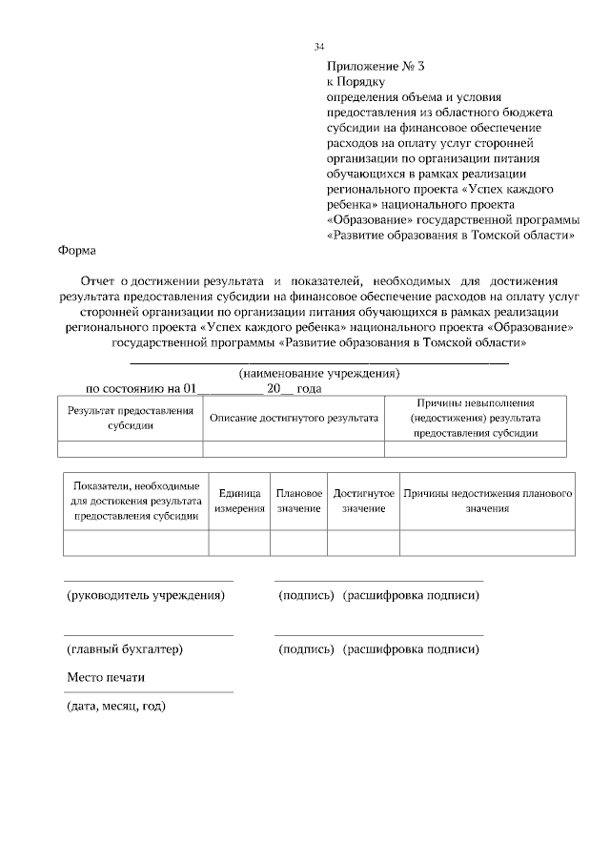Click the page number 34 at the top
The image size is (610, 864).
319,47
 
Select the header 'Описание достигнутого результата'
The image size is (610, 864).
294,418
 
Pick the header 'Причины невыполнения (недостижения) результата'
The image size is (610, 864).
475,418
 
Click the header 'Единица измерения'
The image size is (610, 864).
239,501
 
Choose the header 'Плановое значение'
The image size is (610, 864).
298,501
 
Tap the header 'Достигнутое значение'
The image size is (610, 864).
363,501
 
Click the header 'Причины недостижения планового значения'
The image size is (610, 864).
487,501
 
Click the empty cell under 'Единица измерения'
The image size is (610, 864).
239,543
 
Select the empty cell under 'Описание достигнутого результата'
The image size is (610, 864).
294,449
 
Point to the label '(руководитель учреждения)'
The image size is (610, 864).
145,595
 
